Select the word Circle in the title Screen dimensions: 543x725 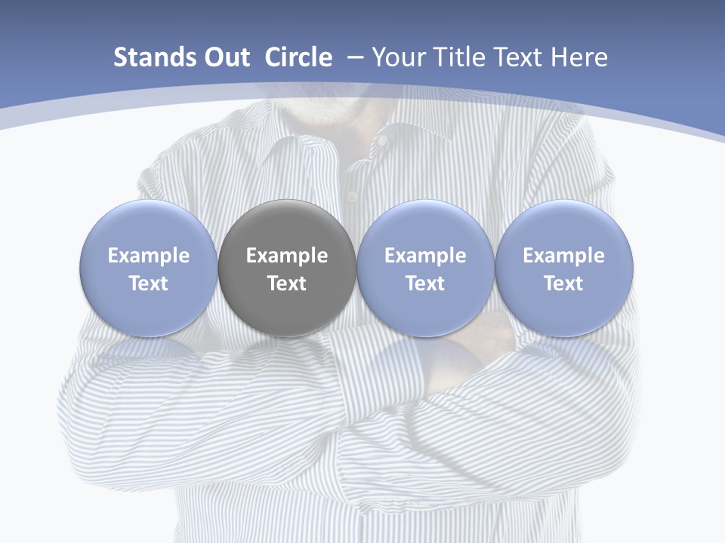[x=298, y=58]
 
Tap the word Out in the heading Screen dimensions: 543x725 [x=224, y=58]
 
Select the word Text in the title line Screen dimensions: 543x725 [x=518, y=58]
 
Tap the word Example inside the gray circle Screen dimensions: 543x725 [x=287, y=256]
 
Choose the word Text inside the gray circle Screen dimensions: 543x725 [x=287, y=284]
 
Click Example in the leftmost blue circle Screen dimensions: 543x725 [x=149, y=256]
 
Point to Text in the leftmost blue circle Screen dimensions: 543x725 [x=149, y=284]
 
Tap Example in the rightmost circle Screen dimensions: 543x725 [x=564, y=256]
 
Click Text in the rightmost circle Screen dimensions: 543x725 [x=564, y=284]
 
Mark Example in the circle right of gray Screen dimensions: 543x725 [x=425, y=256]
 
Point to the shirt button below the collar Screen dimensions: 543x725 [x=352, y=197]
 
